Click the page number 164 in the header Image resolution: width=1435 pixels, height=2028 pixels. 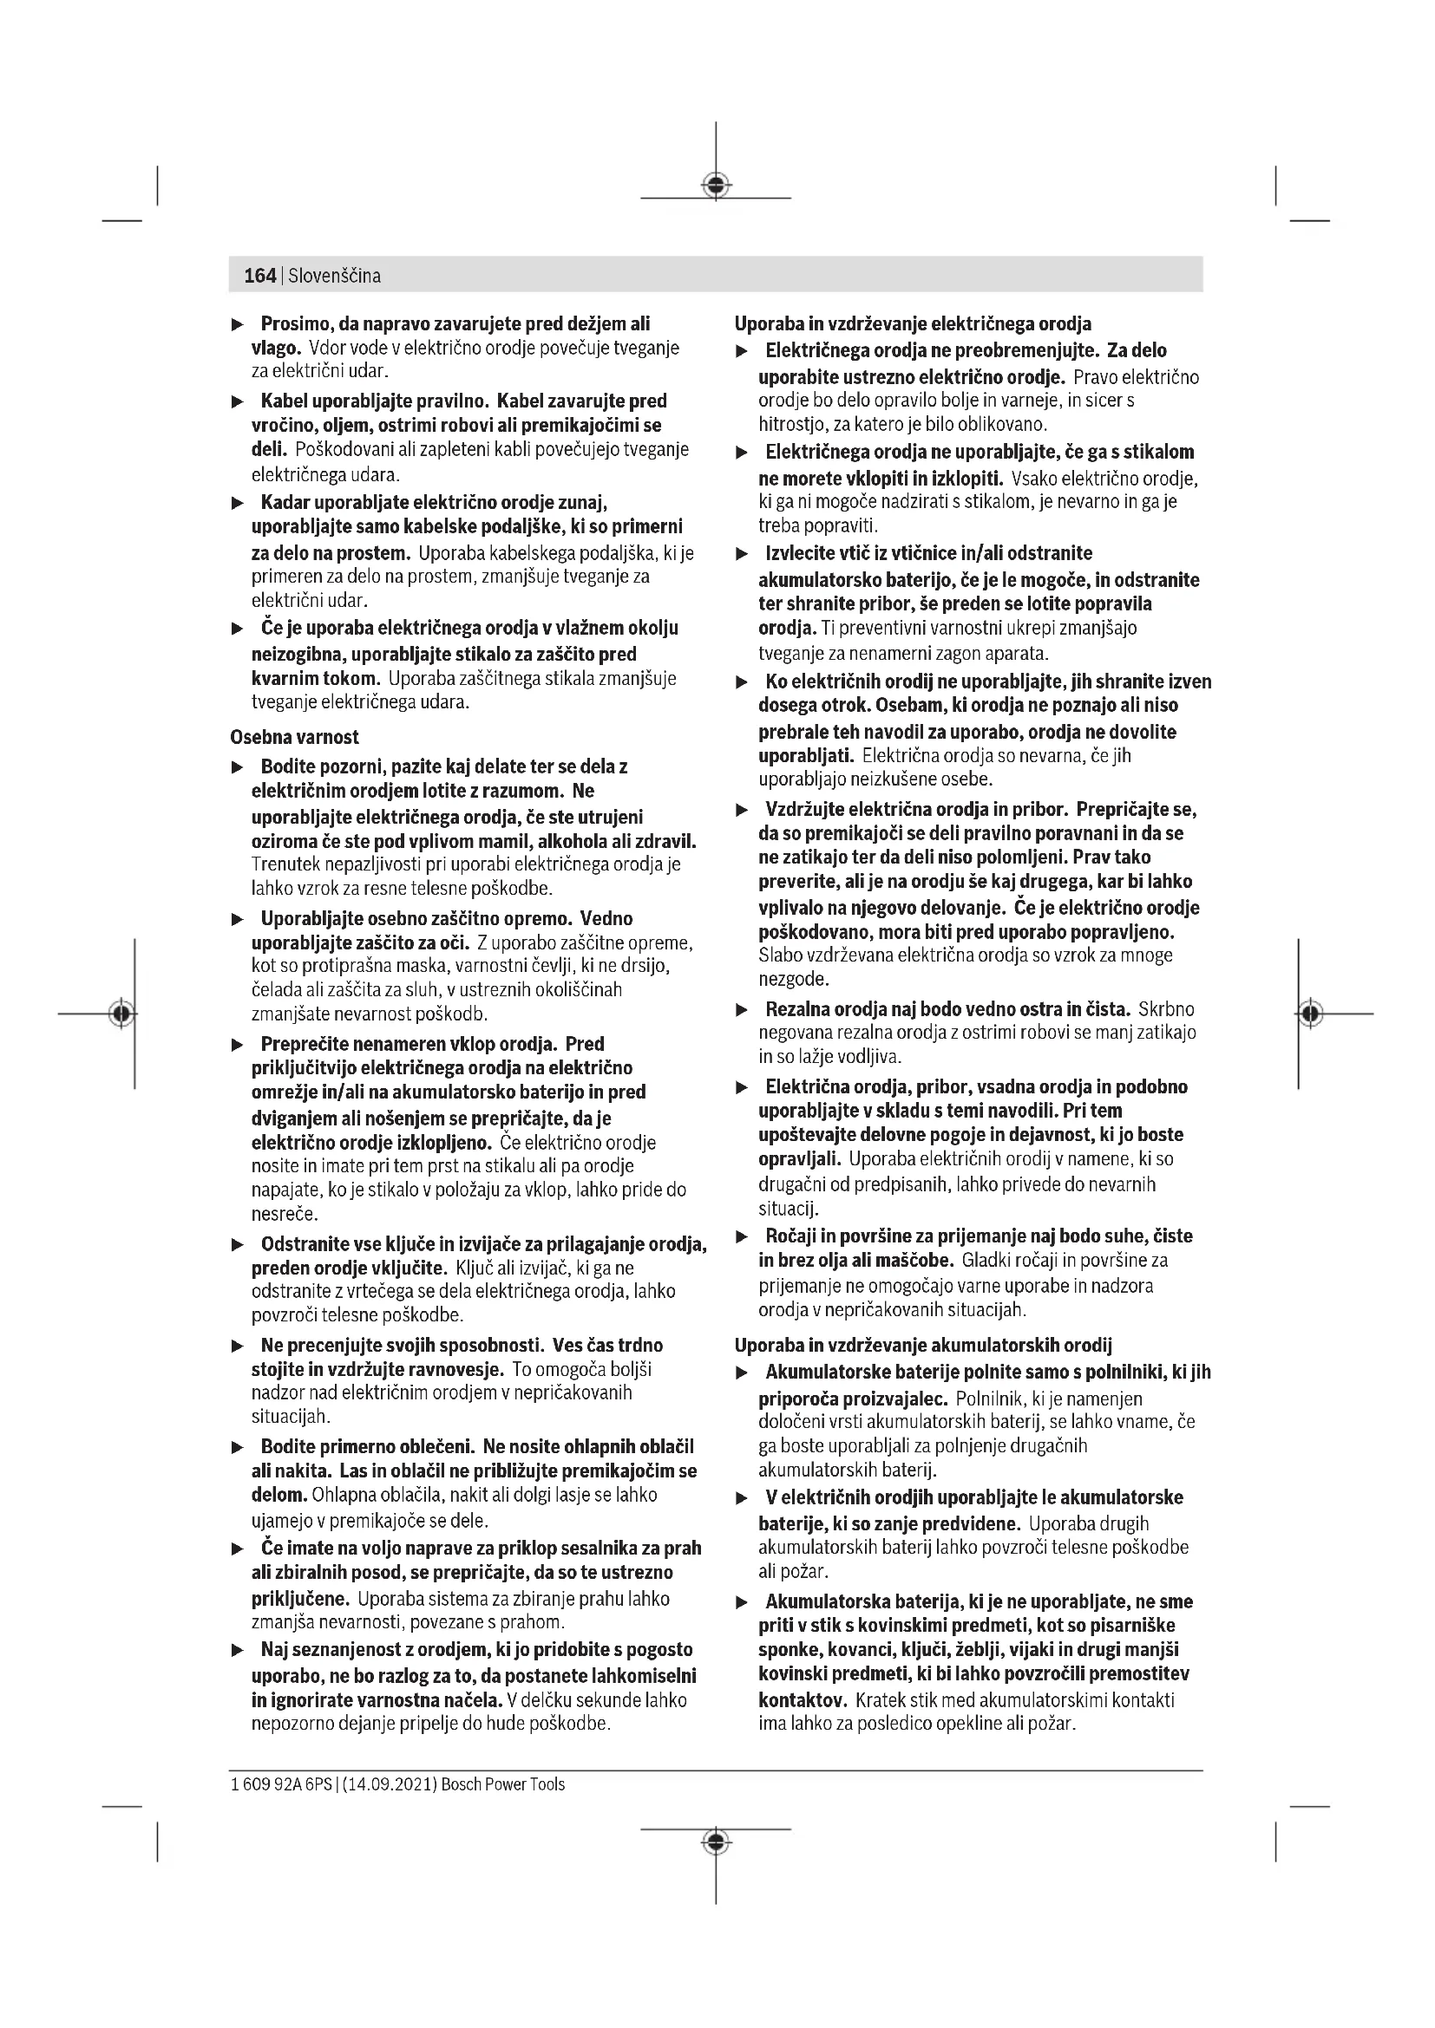pos(259,276)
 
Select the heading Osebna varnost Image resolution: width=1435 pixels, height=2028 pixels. pos(294,737)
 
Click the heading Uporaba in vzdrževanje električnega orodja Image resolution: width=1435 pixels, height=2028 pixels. pos(913,323)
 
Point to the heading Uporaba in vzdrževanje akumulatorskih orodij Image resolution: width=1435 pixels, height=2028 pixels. pos(922,1346)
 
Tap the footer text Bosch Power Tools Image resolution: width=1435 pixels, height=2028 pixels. pos(503,1784)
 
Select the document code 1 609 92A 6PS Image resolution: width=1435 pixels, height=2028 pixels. pos(282,1784)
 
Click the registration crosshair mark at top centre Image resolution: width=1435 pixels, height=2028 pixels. pos(716,186)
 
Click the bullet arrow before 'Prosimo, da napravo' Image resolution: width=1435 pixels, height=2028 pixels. pos(237,324)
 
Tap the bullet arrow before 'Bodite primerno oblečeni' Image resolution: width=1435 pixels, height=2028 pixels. pos(237,1447)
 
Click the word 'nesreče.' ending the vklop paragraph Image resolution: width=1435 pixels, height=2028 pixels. pos(285,1215)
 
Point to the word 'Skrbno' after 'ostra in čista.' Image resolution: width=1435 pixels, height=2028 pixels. pos(1166,1008)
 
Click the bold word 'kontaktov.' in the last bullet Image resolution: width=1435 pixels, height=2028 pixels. pos(803,1700)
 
